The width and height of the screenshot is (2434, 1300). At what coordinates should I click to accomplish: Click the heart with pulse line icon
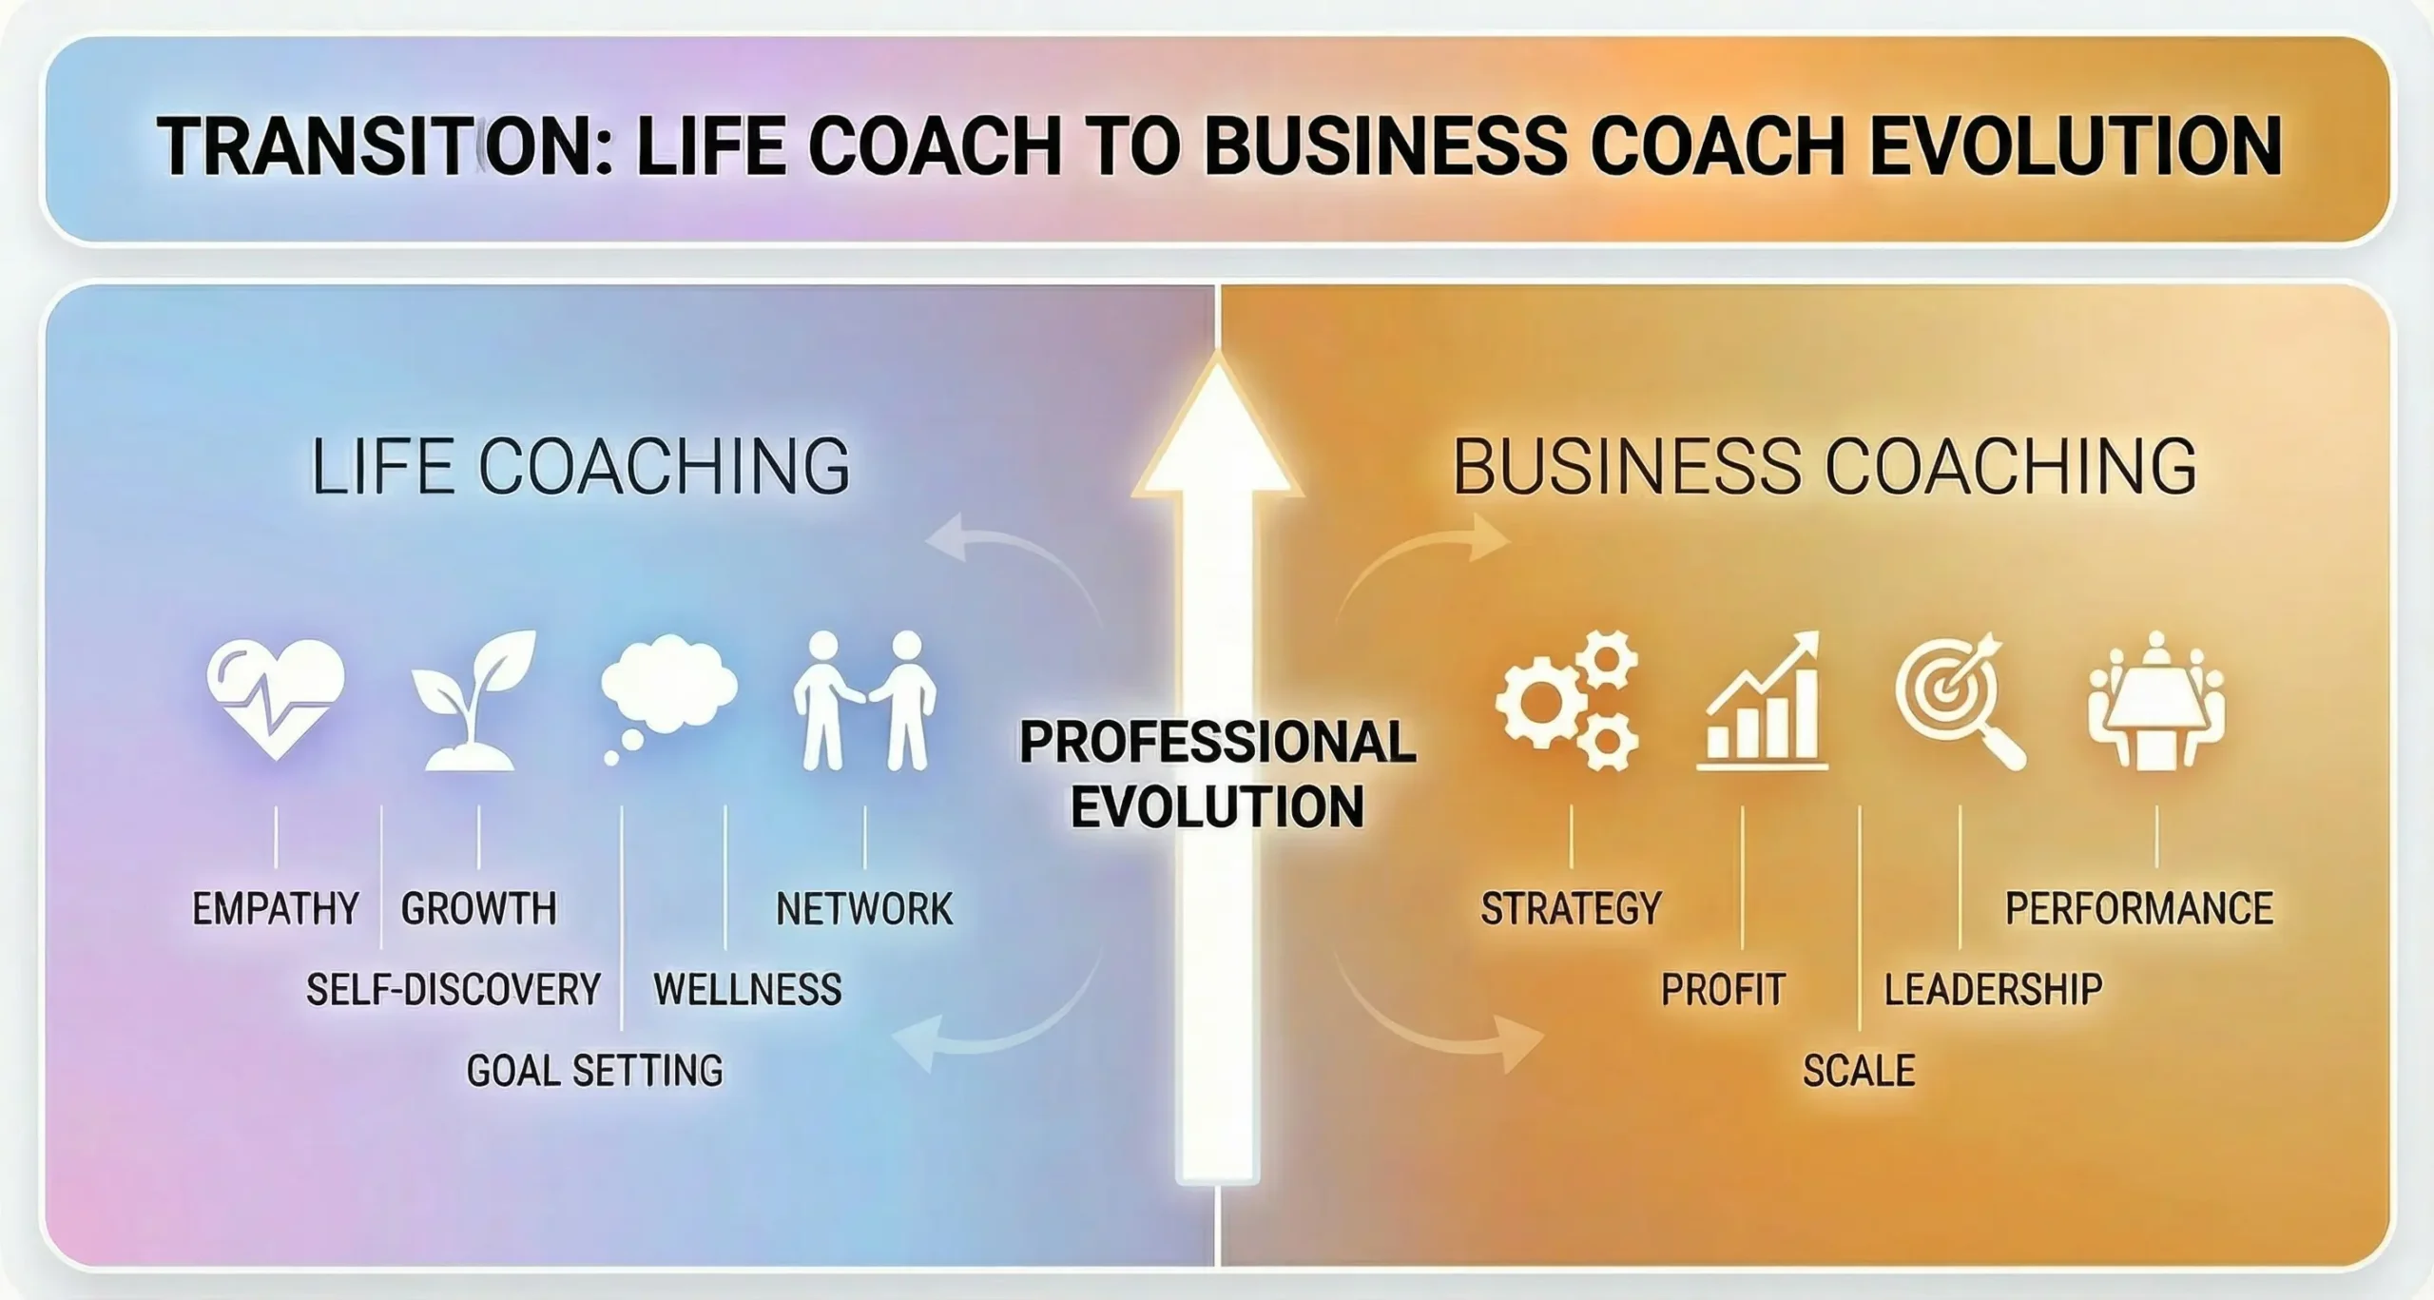coord(275,699)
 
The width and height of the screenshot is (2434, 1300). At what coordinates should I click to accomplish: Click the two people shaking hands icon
coord(864,701)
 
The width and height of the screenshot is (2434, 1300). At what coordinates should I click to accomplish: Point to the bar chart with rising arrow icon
coord(1762,702)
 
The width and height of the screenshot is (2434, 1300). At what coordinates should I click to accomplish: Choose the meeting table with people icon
coord(2156,702)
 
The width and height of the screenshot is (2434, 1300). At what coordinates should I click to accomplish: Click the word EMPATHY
coord(276,909)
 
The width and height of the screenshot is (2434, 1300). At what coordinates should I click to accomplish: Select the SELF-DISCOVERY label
coord(453,990)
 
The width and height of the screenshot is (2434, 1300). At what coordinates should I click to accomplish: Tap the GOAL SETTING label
coord(594,1072)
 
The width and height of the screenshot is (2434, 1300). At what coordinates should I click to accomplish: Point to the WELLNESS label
coord(747,990)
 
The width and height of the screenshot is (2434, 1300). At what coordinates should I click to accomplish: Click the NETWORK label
coord(863,909)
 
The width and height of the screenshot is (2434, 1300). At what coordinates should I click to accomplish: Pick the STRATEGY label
coord(1571,909)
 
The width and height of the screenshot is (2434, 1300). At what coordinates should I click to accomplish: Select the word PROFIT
coord(1723,990)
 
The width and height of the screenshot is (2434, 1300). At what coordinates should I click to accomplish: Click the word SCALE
coord(1859,1072)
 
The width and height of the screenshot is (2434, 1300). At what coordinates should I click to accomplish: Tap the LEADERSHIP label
coord(1994,990)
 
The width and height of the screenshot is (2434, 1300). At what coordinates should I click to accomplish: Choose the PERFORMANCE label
coord(2139,909)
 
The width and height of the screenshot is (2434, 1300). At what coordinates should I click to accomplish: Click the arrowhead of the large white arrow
coord(1217,428)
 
